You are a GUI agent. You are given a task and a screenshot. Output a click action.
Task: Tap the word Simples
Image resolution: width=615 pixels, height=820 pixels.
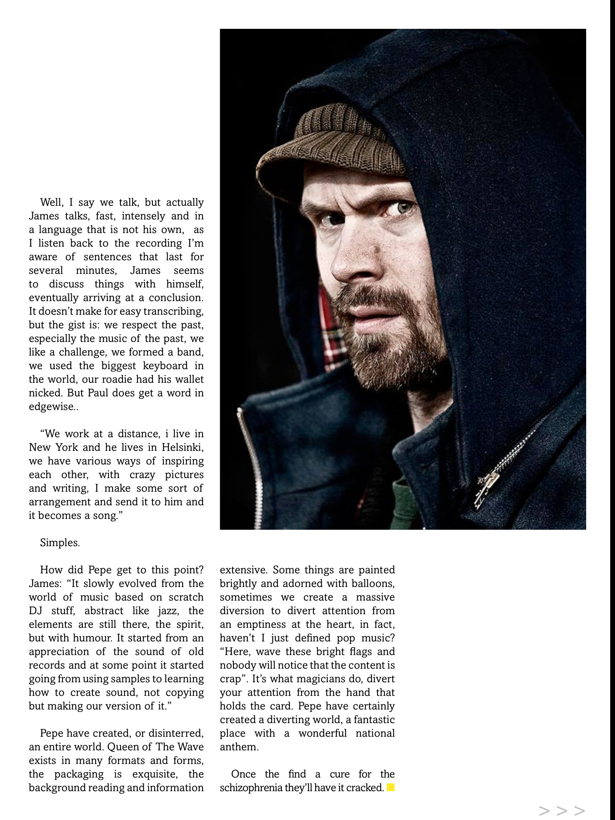60,543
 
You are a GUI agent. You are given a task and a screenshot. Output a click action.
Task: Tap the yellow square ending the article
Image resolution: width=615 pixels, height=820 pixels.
391,788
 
